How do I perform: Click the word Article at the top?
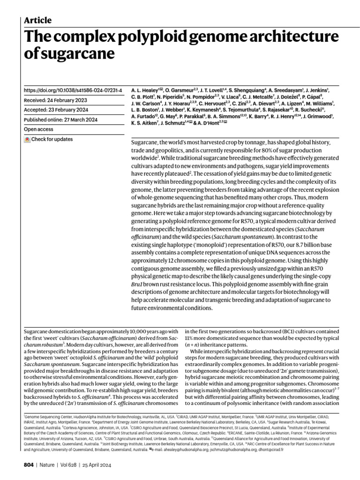37,20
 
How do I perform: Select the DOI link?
73,90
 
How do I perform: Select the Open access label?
40,129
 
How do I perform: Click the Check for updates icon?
27,139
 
